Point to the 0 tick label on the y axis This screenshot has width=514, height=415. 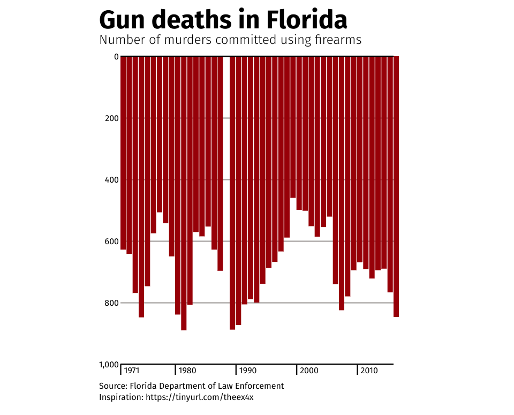pos(116,56)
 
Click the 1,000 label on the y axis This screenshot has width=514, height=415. pos(109,365)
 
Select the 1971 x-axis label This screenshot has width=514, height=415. pos(132,371)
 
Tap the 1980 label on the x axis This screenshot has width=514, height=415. pos(187,371)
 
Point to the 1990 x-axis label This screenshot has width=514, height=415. pos(247,371)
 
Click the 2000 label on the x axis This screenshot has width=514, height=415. pos(309,371)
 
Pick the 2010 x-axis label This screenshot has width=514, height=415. pos(369,371)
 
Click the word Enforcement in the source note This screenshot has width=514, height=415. pos(261,386)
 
